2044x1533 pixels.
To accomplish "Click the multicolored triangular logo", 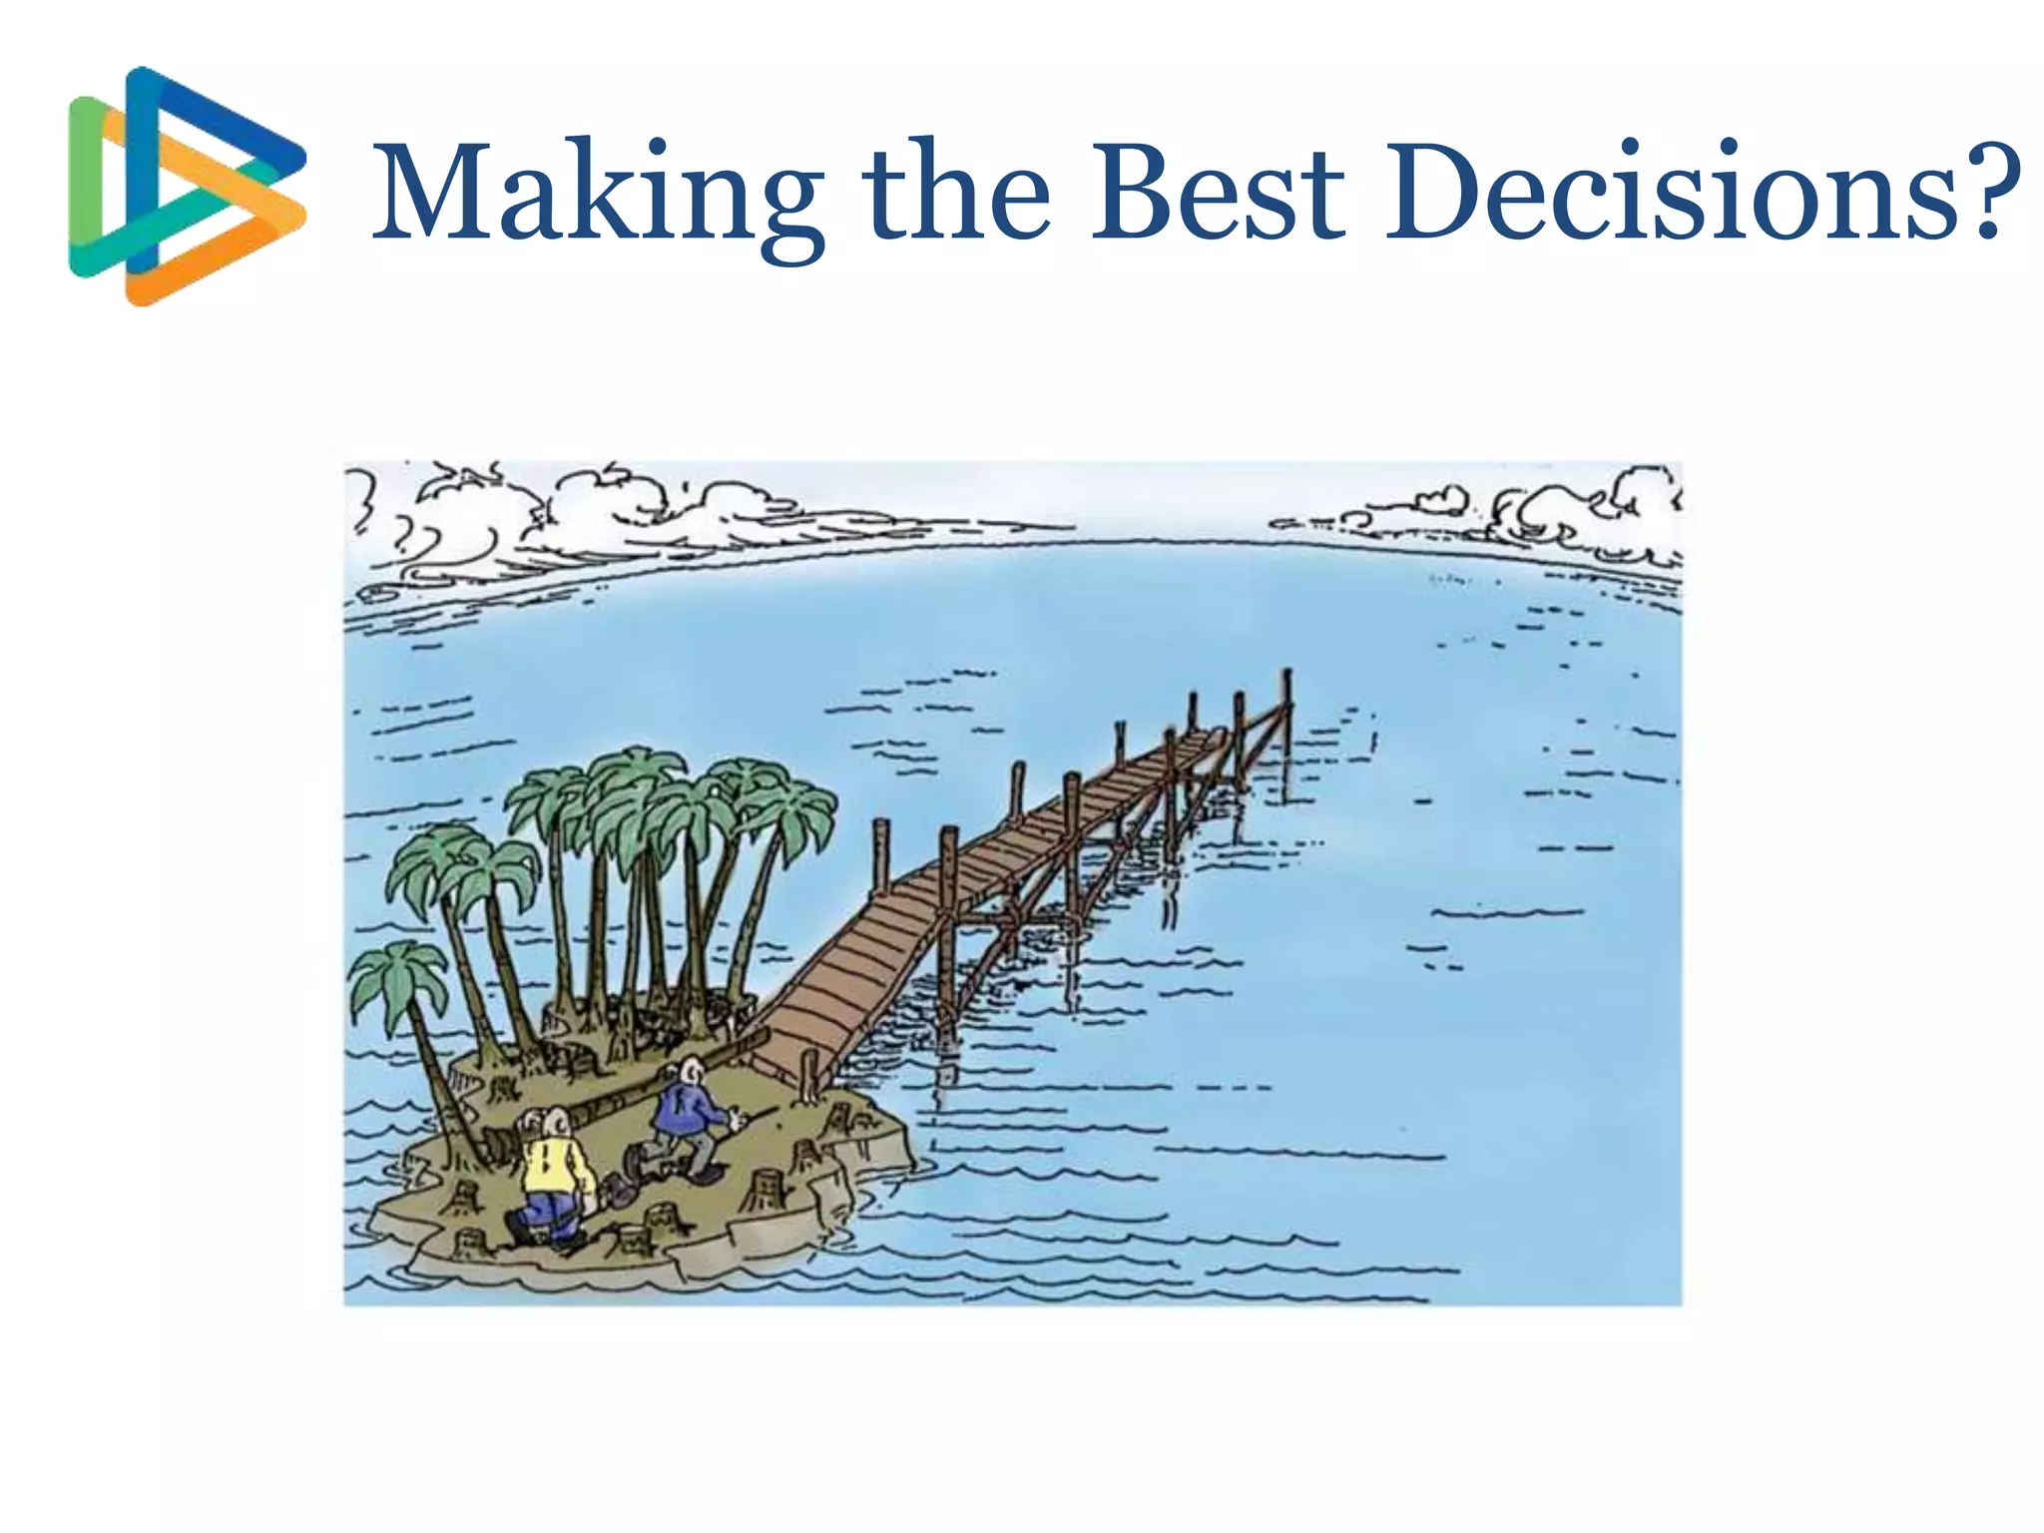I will [x=186, y=186].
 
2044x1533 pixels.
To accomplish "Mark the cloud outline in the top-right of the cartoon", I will [x=1577, y=509].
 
